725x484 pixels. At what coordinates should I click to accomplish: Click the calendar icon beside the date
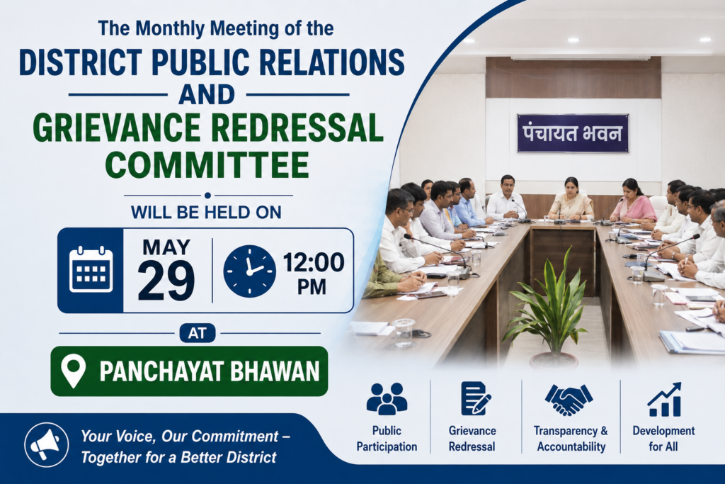[x=91, y=270]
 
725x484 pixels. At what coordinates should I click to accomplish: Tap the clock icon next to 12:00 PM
[x=250, y=271]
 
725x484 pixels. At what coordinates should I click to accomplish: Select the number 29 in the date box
[x=166, y=281]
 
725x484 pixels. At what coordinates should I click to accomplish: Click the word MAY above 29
[x=166, y=247]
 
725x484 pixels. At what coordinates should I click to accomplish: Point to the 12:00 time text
[x=314, y=262]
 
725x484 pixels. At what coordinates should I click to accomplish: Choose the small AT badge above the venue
[x=198, y=333]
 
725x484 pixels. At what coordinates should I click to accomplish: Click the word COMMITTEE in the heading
[x=207, y=164]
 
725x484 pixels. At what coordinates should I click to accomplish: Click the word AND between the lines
[x=207, y=94]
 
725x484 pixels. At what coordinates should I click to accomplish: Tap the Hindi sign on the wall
[x=572, y=133]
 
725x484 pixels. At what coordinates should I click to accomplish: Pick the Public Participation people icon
[x=387, y=398]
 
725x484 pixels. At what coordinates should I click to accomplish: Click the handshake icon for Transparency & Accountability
[x=569, y=400]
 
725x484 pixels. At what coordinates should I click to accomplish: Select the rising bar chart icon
[x=664, y=400]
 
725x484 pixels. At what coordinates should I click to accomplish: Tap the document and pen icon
[x=475, y=398]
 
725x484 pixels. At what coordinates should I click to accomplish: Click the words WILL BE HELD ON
[x=206, y=213]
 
